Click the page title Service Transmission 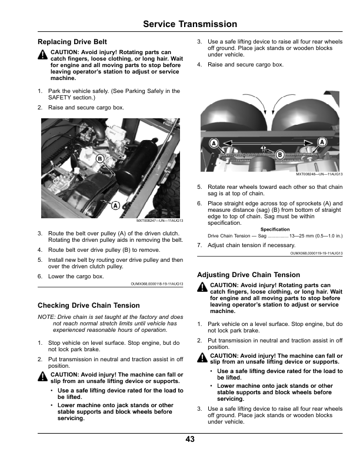[190, 24]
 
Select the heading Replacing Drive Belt [72, 42]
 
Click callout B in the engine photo [100, 159]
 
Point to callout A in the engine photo [115, 204]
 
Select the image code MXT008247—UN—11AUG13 [159, 221]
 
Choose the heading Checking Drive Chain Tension [88, 305]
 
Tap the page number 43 [190, 439]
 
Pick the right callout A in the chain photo [322, 142]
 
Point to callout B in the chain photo [279, 154]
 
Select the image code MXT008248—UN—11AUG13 [319, 175]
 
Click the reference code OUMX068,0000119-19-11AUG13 [316, 253]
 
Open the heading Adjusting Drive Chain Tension [248, 275]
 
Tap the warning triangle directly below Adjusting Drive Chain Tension [203, 287]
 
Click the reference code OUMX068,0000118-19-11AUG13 [156, 284]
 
